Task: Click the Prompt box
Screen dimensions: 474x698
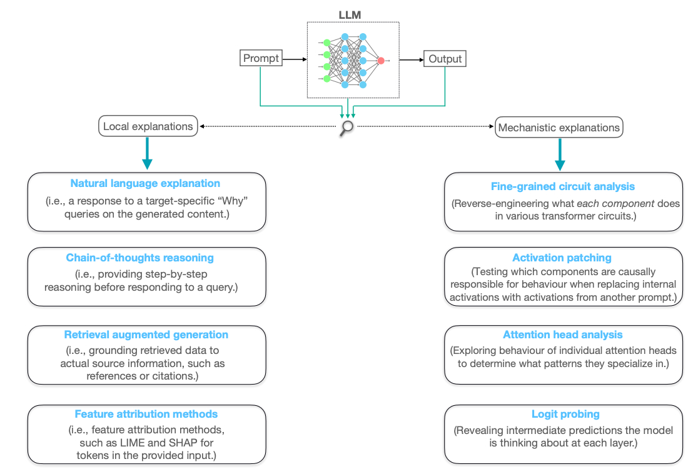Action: pos(261,59)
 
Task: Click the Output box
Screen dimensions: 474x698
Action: pos(445,59)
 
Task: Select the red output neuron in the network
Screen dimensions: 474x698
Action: pos(380,61)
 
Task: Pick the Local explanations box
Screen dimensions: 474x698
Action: pos(148,126)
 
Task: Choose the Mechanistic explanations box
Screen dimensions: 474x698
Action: pos(559,128)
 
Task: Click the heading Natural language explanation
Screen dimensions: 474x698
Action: pos(145,183)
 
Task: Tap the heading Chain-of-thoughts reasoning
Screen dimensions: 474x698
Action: pos(140,258)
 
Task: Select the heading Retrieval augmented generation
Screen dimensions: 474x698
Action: pos(146,335)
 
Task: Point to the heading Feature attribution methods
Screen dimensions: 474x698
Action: pos(146,413)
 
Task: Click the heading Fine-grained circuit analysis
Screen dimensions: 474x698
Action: pos(563,186)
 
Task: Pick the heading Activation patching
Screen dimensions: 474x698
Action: pos(562,258)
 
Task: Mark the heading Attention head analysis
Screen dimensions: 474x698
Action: pos(563,335)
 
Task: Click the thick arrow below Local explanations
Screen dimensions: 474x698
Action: pos(147,153)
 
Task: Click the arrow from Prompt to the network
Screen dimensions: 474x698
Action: pos(293,59)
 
